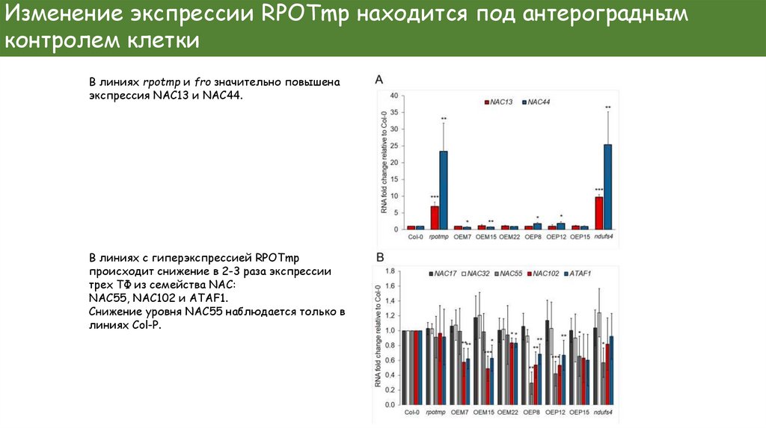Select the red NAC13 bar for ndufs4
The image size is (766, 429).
click(x=599, y=212)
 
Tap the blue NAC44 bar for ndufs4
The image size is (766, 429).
click(x=607, y=186)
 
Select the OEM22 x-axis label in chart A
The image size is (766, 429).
click(x=509, y=237)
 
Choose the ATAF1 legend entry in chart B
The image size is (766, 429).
click(x=580, y=274)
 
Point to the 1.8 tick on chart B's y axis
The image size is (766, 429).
click(x=390, y=271)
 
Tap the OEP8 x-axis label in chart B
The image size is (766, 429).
click(x=533, y=412)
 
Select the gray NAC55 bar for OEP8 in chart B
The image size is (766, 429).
click(x=531, y=393)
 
